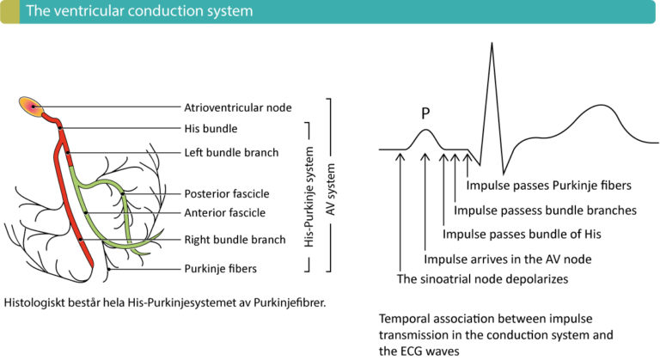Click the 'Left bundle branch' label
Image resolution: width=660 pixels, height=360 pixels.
click(x=231, y=152)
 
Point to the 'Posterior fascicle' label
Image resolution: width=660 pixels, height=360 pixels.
click(x=227, y=193)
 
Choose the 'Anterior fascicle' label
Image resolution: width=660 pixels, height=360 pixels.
click(x=225, y=212)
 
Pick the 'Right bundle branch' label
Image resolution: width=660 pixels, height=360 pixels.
click(x=234, y=241)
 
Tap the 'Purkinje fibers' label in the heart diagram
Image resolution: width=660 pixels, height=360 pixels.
click(x=221, y=268)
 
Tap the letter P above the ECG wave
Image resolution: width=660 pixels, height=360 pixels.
click(x=425, y=113)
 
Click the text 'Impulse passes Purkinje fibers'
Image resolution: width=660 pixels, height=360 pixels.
click(x=549, y=185)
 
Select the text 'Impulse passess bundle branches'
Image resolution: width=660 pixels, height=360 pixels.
click(x=545, y=210)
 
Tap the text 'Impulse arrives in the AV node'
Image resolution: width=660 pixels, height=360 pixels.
click(x=510, y=259)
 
